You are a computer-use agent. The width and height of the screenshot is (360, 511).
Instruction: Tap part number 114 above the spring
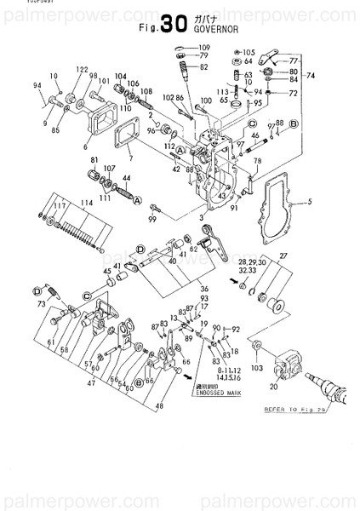[86, 203]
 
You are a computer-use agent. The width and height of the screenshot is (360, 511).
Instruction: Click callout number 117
[60, 205]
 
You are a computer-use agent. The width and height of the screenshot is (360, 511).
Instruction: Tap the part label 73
[40, 303]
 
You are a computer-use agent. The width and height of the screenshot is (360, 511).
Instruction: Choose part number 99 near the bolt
[154, 220]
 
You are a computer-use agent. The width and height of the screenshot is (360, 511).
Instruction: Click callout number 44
[126, 177]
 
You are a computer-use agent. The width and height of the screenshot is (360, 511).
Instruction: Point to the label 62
[194, 248]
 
